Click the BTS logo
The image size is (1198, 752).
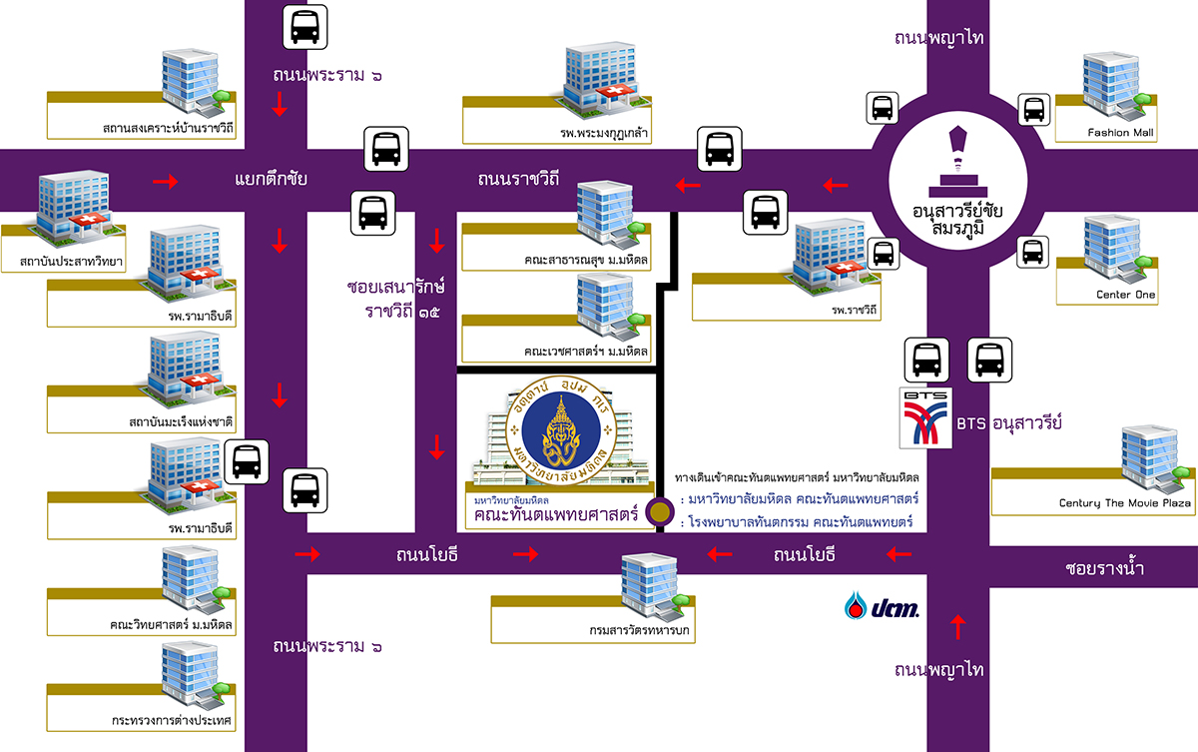point(925,418)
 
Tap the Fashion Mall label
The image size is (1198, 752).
point(1122,133)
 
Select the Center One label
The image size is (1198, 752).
point(1125,295)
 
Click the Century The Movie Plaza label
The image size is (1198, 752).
point(1125,503)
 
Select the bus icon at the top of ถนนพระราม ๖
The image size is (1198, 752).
point(304,27)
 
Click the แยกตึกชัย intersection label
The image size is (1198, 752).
point(271,181)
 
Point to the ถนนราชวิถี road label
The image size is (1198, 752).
point(517,181)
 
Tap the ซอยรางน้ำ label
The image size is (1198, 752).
point(1103,570)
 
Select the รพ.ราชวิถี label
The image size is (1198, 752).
point(858,310)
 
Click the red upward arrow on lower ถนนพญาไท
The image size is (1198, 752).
point(958,626)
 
